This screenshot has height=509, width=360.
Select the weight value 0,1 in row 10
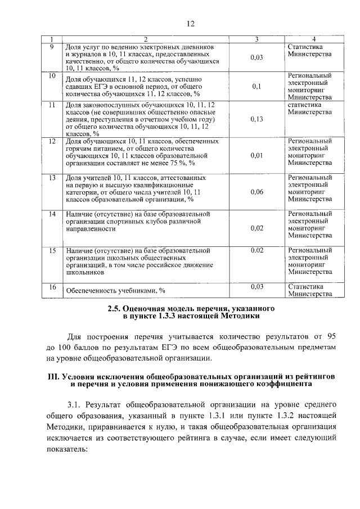(256, 86)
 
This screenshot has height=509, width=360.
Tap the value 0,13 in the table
(256, 119)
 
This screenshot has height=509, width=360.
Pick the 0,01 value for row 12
(256, 155)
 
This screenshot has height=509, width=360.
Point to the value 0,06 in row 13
(256, 192)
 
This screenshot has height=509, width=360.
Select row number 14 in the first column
(52, 214)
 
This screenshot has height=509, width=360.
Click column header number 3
(256, 39)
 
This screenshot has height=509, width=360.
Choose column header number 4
(314, 39)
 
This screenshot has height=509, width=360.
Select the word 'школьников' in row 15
(84, 272)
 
